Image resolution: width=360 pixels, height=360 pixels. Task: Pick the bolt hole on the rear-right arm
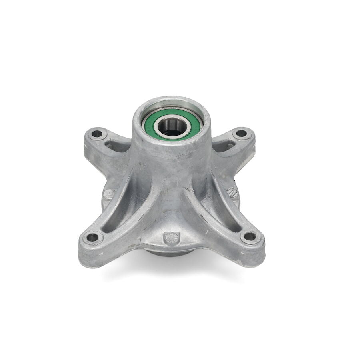click(241, 133)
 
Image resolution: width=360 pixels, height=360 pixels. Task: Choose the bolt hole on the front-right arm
click(250, 236)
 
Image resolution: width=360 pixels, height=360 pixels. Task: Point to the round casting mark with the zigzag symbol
click(232, 192)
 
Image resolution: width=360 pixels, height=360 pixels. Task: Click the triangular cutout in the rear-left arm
click(117, 146)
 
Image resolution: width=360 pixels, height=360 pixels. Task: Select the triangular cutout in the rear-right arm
click(224, 146)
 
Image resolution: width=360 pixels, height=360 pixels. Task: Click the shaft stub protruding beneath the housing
click(168, 253)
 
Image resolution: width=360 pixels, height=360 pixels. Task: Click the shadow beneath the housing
click(172, 272)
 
